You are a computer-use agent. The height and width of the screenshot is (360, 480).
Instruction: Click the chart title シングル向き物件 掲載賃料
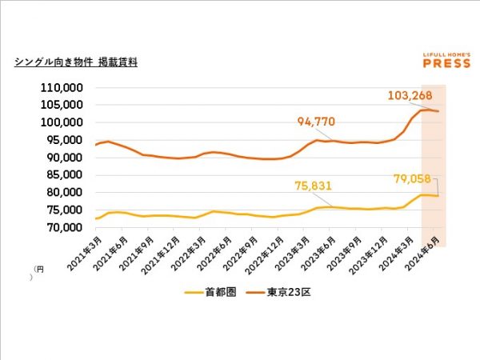click(x=76, y=62)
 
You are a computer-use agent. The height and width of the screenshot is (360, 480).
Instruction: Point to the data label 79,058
click(x=409, y=178)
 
